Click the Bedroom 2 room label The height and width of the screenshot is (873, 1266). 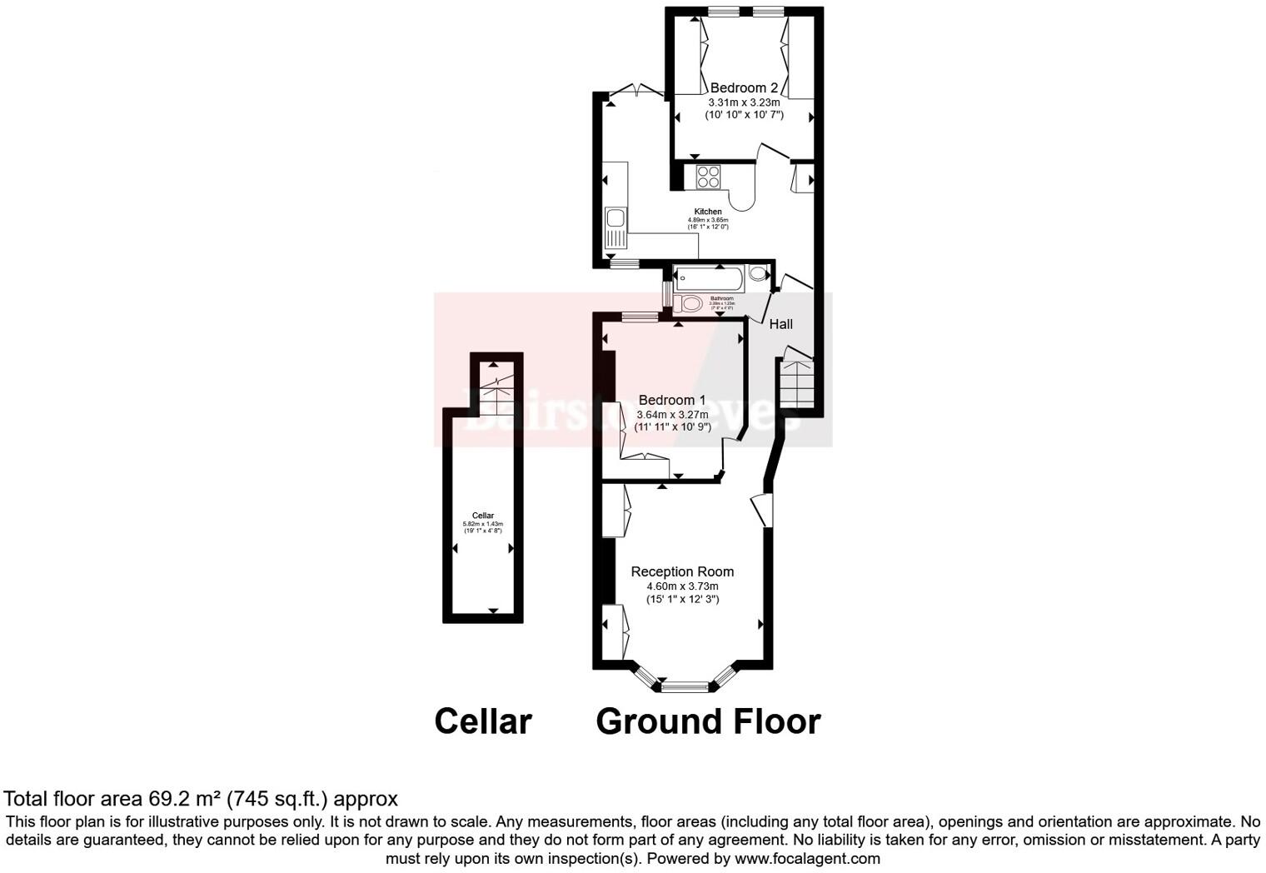[744, 87]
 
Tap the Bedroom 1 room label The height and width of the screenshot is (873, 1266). [671, 400]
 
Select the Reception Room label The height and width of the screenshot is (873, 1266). [682, 571]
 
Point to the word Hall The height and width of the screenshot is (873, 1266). [780, 324]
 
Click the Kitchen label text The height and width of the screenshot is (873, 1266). [708, 212]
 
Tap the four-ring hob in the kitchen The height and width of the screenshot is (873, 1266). [708, 177]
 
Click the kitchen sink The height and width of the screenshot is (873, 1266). [616, 219]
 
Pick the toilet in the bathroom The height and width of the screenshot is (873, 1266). [688, 304]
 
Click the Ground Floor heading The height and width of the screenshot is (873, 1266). [708, 721]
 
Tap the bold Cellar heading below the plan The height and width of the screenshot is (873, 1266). [483, 721]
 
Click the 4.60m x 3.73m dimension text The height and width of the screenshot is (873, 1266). [682, 586]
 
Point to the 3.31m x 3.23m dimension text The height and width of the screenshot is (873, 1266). [744, 102]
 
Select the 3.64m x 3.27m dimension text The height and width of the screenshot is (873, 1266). [672, 414]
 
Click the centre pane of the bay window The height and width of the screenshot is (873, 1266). [685, 687]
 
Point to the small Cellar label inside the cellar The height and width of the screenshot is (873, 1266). [483, 516]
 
